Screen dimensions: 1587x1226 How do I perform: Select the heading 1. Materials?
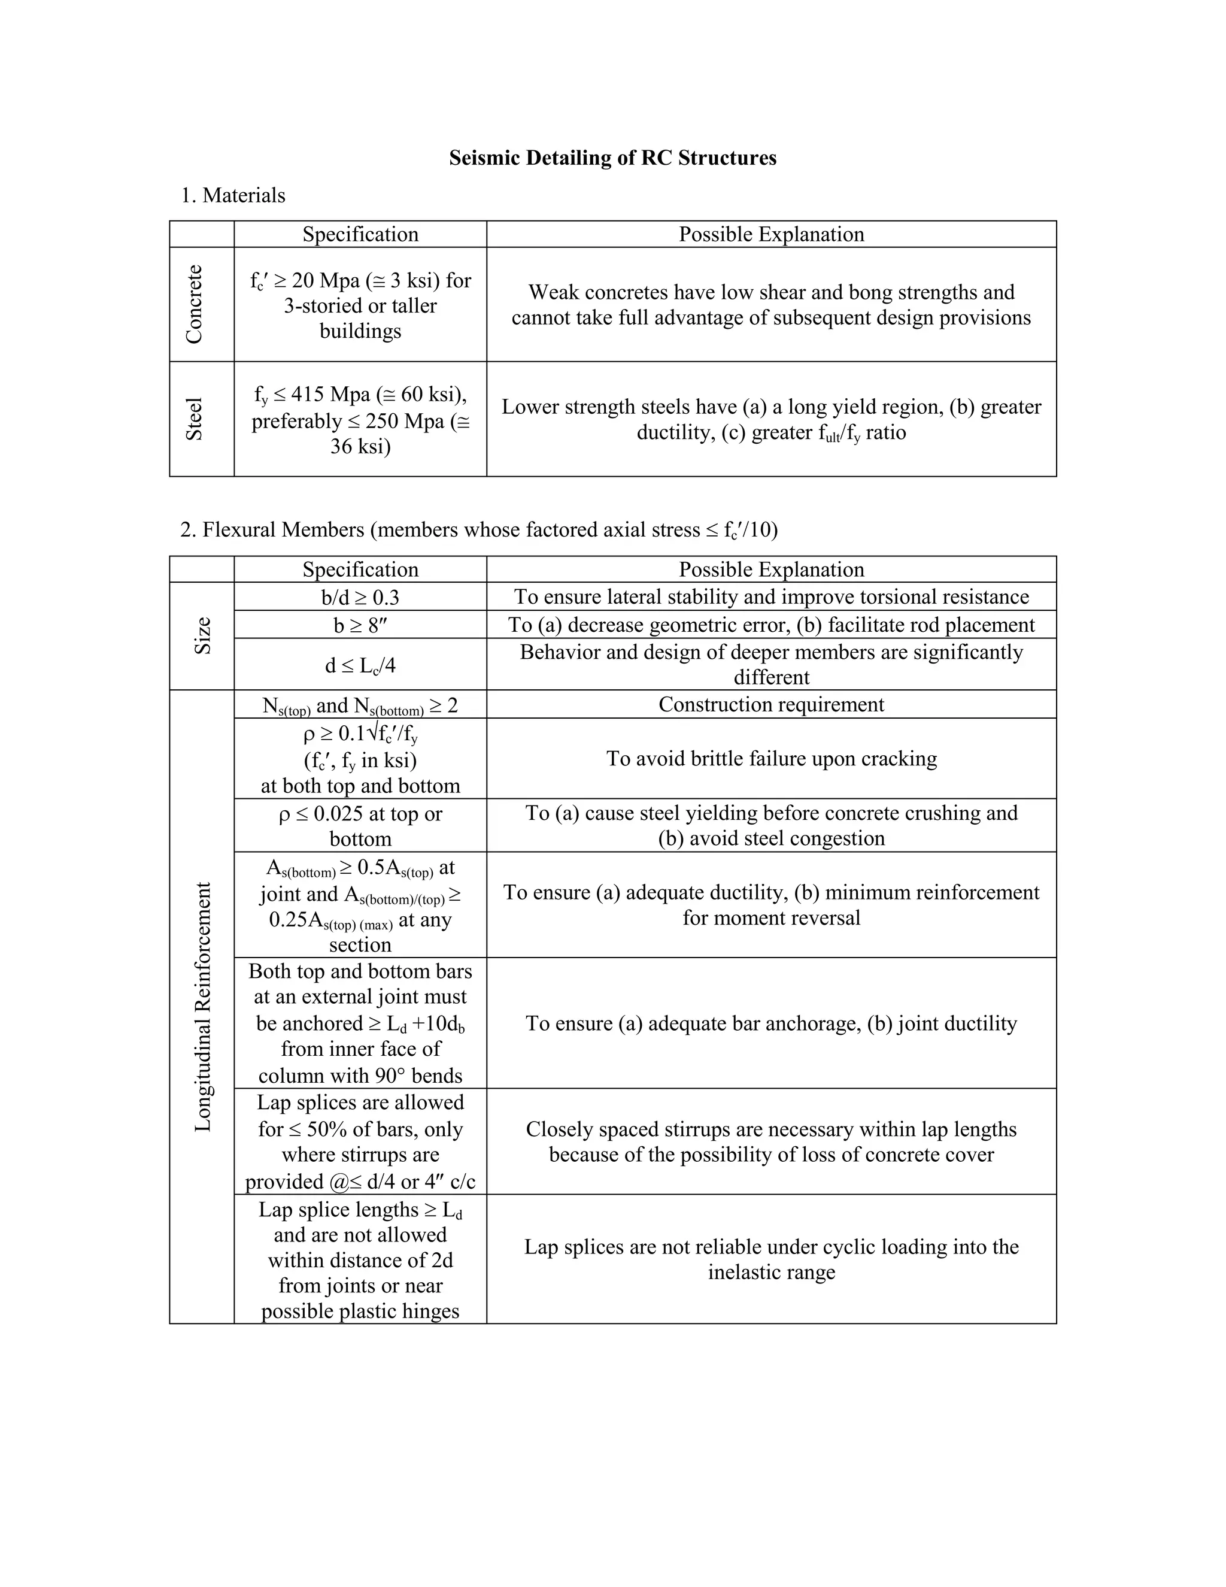point(232,195)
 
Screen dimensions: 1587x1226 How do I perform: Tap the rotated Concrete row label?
point(194,304)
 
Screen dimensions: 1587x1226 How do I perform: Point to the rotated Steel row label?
point(194,419)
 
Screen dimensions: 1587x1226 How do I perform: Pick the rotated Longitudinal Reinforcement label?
point(203,1007)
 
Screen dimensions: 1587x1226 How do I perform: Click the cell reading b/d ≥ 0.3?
point(360,597)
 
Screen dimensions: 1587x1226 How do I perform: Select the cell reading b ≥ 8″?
point(360,625)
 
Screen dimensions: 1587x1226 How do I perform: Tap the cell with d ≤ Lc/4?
point(360,665)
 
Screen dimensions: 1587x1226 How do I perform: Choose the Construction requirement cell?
point(771,704)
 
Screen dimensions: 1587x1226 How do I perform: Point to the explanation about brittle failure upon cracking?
point(771,759)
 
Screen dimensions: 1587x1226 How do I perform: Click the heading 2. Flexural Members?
point(479,530)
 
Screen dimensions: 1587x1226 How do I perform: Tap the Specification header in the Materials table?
point(360,234)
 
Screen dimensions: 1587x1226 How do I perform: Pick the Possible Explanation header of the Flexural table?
point(771,569)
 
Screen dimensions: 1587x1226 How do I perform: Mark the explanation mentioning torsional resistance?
point(771,596)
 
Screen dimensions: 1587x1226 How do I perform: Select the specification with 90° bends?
point(360,1023)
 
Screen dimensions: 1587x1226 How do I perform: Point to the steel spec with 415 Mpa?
point(360,419)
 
